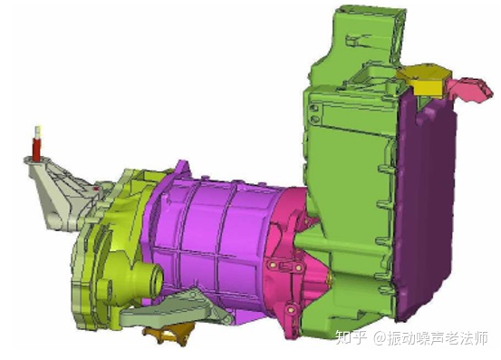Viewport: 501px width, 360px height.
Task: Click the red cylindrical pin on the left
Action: (x=37, y=149)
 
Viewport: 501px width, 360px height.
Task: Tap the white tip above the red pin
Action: (x=39, y=131)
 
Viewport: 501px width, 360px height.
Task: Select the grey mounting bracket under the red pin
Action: (x=61, y=193)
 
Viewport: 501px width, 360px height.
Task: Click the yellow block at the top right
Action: (x=424, y=79)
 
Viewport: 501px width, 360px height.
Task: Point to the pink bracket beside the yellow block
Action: (x=469, y=90)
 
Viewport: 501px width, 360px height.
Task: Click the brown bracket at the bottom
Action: (x=169, y=333)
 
